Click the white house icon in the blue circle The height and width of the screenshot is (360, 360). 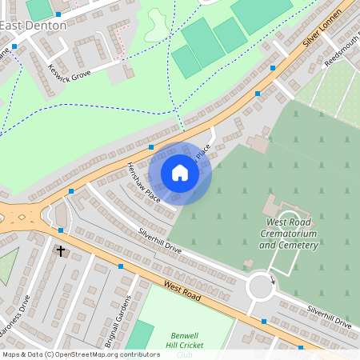180,173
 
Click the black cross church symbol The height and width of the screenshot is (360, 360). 60,251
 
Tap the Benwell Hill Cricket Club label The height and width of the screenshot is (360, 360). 184,344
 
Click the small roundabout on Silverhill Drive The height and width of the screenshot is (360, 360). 261,285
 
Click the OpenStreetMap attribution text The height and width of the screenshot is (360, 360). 80,354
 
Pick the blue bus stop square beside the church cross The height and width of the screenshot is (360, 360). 61,230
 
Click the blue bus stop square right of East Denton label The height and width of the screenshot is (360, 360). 58,14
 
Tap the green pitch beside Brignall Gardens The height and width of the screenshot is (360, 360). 139,336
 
